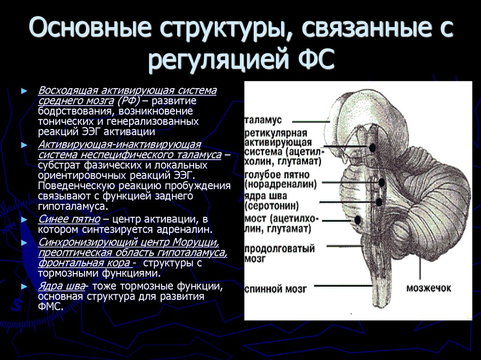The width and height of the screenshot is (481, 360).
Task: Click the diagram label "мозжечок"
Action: coord(429,288)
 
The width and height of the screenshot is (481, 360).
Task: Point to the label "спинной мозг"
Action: coord(276,289)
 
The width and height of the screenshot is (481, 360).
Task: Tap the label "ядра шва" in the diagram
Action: coord(265,196)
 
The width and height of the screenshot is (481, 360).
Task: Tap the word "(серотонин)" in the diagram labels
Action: coord(272,206)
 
